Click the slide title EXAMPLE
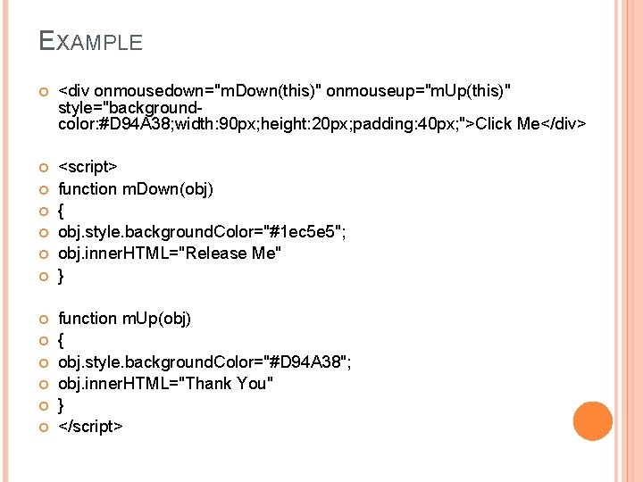[91, 41]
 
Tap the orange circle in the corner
[593, 420]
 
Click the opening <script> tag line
[88, 167]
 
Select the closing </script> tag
[90, 427]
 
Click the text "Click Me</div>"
[530, 123]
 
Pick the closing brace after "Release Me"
[61, 276]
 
